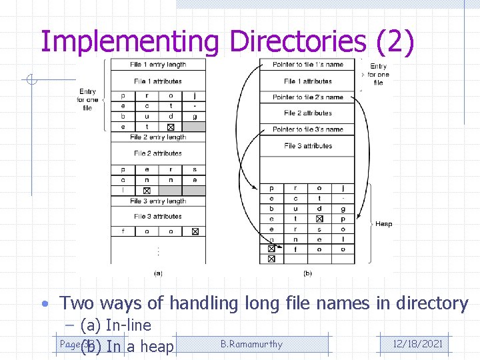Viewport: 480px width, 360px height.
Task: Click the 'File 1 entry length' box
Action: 159,65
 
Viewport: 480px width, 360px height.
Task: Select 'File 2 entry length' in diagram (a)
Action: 159,137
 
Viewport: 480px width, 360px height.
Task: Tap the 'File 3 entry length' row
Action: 159,201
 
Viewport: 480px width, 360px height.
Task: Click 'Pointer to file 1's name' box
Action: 308,65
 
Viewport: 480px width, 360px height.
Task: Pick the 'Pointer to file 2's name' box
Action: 308,97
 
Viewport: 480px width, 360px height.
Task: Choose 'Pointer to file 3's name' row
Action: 308,129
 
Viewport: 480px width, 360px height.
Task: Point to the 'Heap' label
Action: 384,224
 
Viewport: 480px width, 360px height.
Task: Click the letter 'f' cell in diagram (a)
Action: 123,232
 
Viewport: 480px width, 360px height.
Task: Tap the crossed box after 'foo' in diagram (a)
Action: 195,232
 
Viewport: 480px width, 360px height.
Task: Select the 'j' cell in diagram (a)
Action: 195,96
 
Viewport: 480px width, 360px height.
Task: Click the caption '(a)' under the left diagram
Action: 158,273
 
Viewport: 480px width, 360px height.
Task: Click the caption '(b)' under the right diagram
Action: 307,273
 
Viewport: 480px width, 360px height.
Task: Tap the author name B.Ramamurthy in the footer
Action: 251,344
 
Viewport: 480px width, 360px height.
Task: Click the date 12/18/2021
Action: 418,344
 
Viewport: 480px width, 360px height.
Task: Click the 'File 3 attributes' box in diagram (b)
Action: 308,146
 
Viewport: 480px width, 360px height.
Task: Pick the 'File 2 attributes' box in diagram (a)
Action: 159,153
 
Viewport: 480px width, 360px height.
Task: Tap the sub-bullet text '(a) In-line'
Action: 115,325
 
